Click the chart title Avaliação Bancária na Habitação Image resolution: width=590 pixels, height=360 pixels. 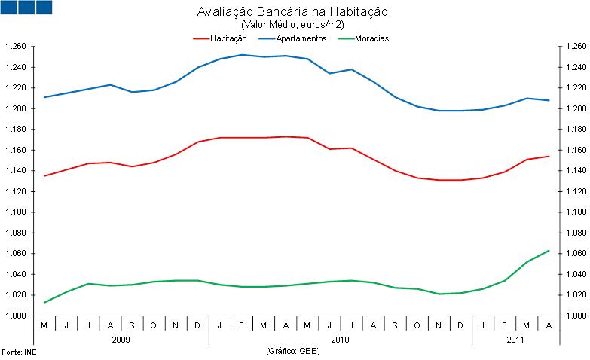[x=292, y=13]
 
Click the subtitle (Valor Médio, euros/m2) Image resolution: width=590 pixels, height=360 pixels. [x=292, y=25]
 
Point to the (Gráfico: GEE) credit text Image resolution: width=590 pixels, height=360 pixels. [x=295, y=352]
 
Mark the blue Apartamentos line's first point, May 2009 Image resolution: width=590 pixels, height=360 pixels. [x=44, y=97]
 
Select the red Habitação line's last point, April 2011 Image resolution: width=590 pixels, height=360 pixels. [x=549, y=156]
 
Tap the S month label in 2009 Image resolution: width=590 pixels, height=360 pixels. [x=133, y=325]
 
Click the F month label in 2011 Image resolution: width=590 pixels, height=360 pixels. [x=505, y=325]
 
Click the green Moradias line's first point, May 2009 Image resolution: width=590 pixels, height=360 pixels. [x=44, y=302]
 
